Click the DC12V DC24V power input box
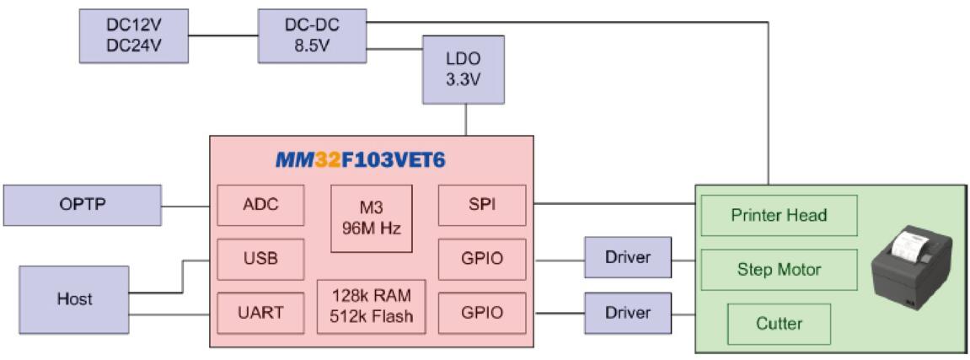(133, 35)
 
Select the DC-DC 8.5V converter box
(312, 35)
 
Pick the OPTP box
(82, 206)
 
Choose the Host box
(74, 298)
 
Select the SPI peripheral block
(482, 205)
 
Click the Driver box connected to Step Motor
(628, 258)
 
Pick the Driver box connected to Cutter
(628, 313)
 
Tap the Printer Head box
(779, 215)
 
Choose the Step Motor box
(779, 270)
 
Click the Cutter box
(779, 323)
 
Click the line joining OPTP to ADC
(185, 206)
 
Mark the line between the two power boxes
(223, 35)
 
